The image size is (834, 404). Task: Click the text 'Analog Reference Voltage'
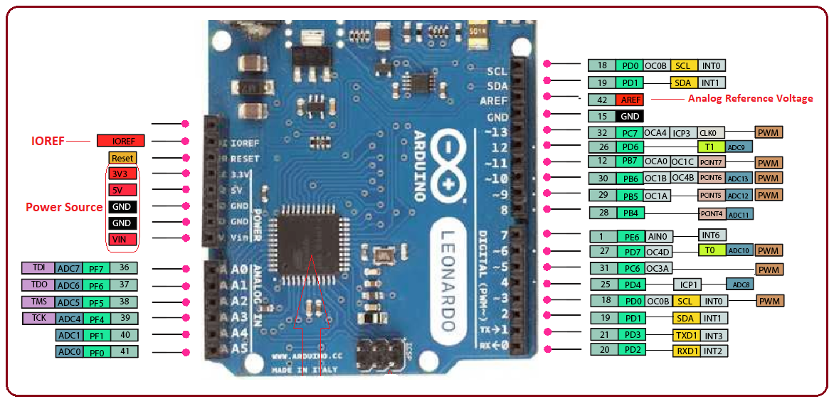[750, 98]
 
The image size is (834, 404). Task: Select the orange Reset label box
[122, 157]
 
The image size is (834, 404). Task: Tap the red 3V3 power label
[122, 174]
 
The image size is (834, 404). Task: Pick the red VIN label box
[122, 240]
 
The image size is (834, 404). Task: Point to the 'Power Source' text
[64, 207]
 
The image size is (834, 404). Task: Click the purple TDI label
[38, 268]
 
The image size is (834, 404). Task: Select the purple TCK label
[38, 318]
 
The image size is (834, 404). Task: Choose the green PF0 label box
[95, 351]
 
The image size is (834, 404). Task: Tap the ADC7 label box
[69, 268]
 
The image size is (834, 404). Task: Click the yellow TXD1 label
[687, 335]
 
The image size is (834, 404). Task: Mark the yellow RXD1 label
[687, 350]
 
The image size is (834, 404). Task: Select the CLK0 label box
[711, 132]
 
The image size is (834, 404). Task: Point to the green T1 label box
[709, 147]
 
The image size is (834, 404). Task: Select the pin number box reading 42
[602, 100]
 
